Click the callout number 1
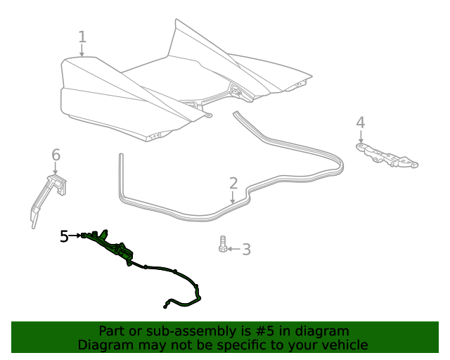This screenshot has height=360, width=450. (82, 37)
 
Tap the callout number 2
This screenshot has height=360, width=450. (233, 184)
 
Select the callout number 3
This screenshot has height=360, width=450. (246, 250)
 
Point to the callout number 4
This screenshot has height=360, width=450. (360, 123)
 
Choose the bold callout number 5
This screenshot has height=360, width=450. (64, 236)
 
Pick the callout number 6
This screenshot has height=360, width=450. (56, 155)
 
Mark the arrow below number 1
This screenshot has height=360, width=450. (82, 51)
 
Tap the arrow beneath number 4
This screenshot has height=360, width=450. (361, 137)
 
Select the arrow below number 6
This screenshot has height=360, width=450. (56, 168)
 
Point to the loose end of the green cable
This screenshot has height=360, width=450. (166, 304)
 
